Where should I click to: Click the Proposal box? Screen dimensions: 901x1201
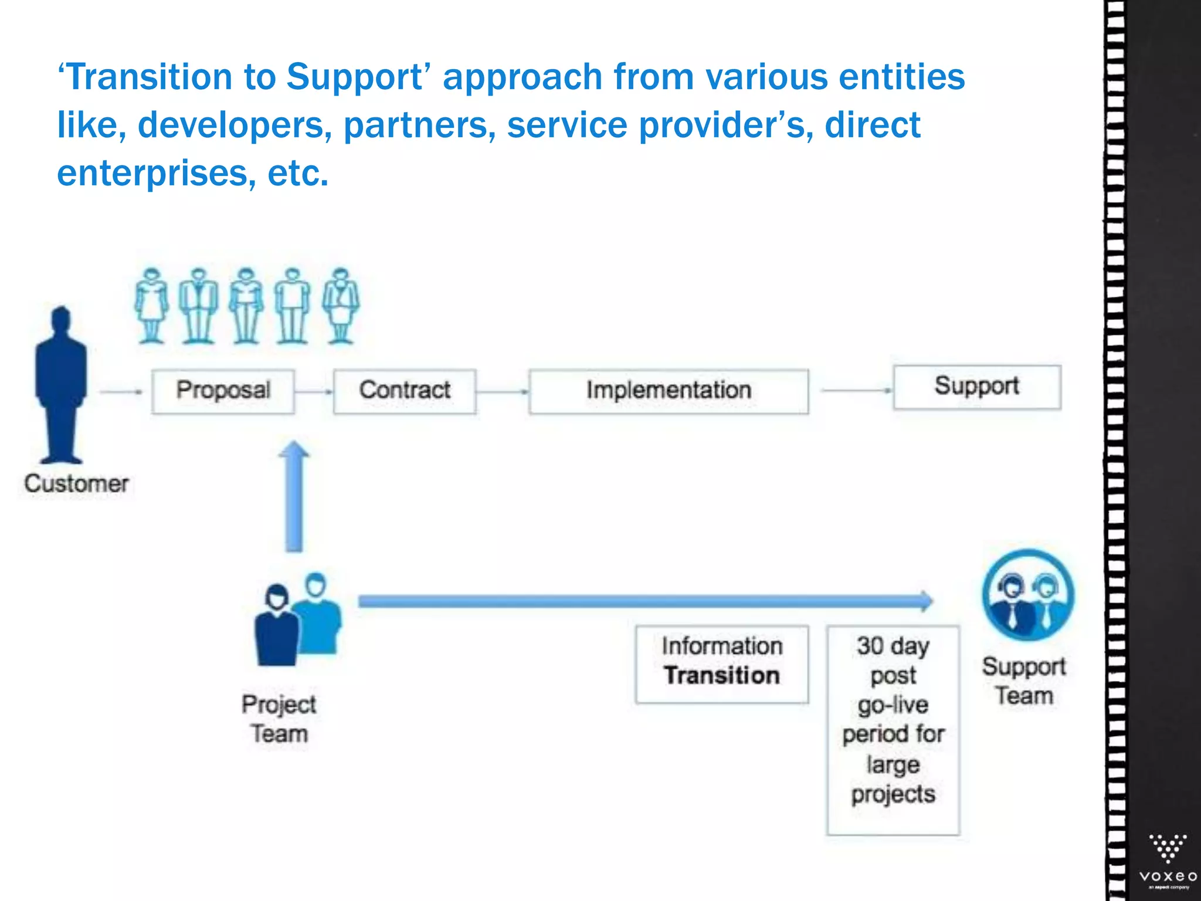223,391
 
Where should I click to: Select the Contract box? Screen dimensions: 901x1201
405,391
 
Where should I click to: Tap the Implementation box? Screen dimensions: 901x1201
669,391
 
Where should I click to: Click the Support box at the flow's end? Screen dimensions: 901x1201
977,387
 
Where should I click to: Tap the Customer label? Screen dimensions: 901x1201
76,484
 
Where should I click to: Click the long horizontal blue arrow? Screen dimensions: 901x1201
645,601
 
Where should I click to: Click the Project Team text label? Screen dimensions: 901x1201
279,719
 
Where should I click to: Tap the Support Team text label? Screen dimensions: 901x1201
1024,681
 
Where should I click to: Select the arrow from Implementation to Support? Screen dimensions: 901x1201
856,389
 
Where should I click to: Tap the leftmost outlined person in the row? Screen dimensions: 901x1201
152,306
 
